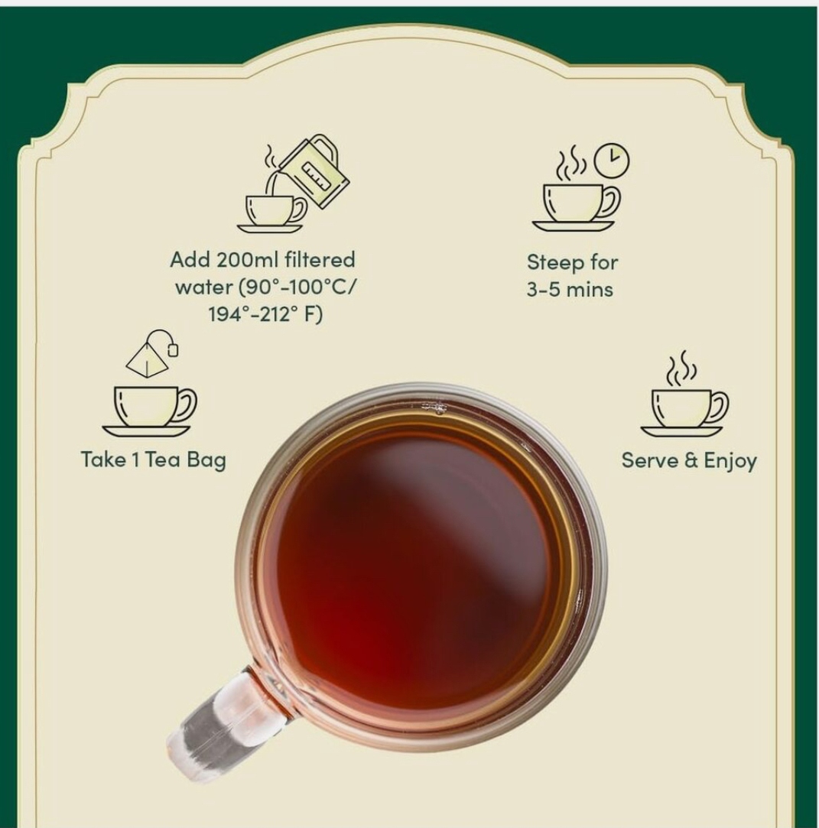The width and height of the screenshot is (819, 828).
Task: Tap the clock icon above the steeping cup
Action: tap(612, 160)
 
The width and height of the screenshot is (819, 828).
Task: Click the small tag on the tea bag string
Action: tap(173, 349)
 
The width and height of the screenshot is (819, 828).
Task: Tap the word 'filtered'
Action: tap(320, 260)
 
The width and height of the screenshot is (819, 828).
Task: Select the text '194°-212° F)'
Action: tap(265, 315)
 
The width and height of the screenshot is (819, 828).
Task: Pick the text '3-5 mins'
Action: tap(570, 289)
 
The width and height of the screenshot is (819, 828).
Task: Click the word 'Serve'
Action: tap(650, 460)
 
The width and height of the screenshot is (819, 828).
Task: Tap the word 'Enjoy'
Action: tap(730, 461)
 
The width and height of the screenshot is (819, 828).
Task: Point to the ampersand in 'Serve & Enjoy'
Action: tap(691, 460)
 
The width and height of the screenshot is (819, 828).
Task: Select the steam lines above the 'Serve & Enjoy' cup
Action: tap(681, 368)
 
